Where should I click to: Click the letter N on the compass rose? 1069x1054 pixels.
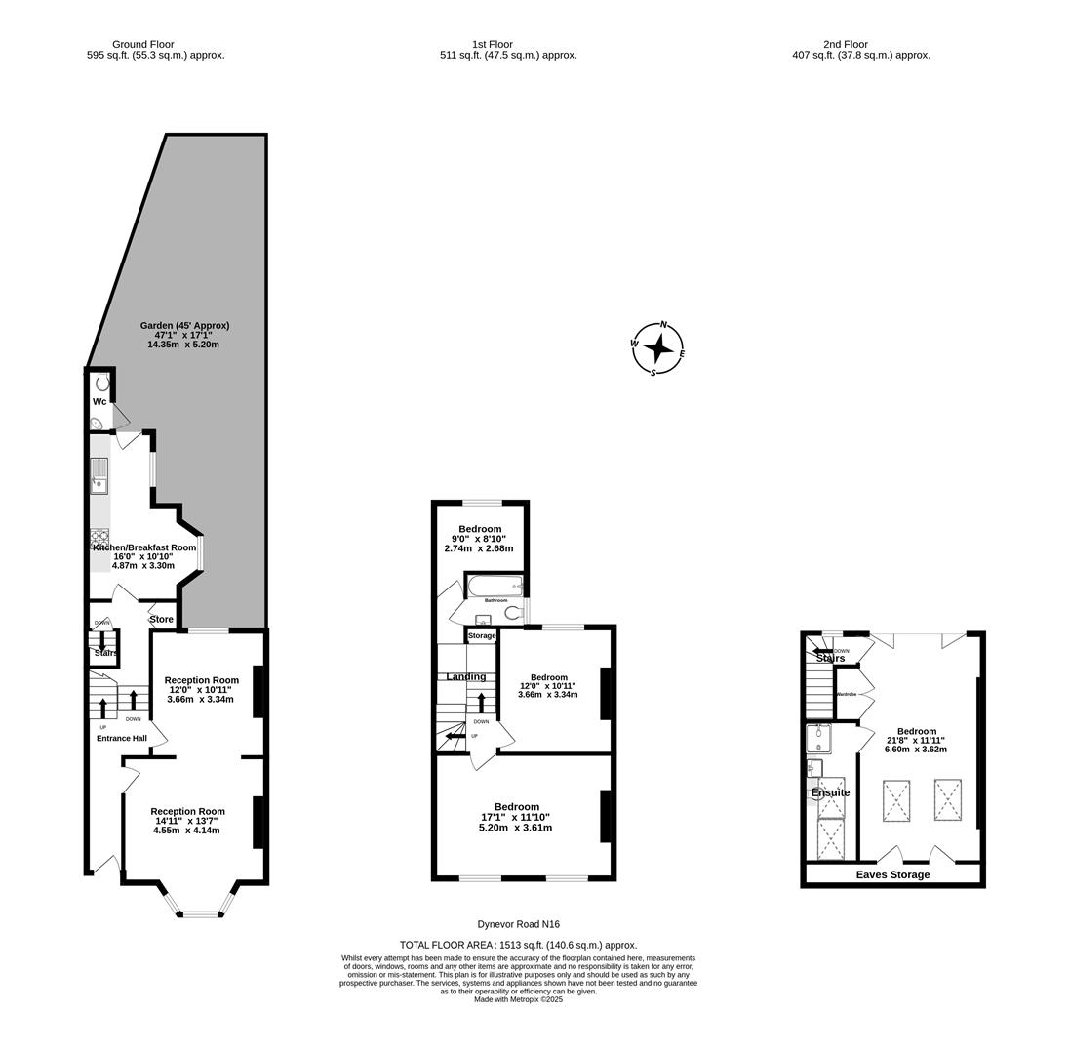point(664,325)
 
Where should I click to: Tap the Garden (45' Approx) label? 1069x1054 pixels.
point(184,325)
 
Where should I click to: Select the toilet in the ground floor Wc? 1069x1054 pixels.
point(102,383)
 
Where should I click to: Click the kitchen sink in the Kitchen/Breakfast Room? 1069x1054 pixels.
point(99,475)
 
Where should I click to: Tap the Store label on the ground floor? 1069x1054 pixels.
point(161,619)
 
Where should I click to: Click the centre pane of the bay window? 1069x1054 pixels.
point(201,914)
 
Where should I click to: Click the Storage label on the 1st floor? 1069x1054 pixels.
point(482,635)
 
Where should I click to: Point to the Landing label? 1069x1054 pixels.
point(465,676)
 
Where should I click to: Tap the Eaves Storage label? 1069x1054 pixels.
point(892,874)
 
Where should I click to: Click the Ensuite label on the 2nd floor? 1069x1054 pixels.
point(830,792)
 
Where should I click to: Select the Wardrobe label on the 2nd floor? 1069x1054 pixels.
point(846,694)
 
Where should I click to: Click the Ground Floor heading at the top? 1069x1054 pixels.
point(142,44)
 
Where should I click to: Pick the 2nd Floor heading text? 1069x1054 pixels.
point(845,44)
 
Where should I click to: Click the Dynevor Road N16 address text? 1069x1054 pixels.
point(518,924)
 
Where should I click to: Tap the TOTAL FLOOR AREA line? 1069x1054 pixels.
point(518,945)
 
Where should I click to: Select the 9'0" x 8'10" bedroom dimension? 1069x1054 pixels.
point(479,539)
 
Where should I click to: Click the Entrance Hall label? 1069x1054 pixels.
point(122,738)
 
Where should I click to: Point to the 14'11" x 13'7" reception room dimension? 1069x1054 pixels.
point(187,821)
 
